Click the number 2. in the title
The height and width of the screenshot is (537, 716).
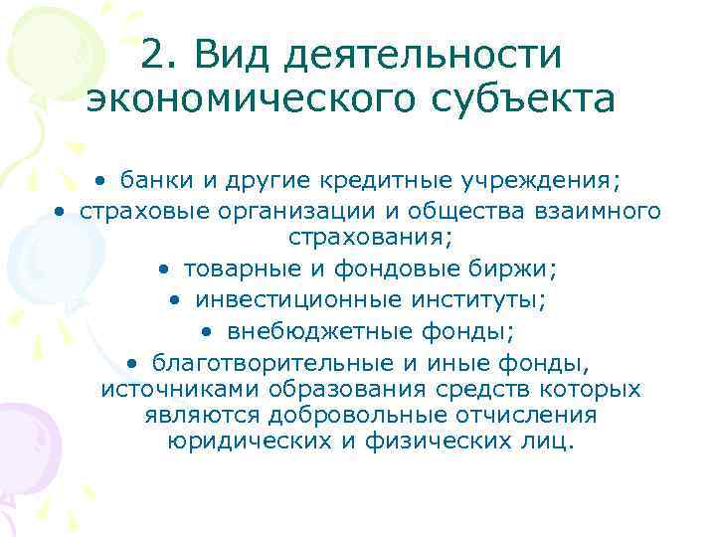point(161,54)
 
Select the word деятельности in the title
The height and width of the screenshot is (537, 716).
point(423,56)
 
